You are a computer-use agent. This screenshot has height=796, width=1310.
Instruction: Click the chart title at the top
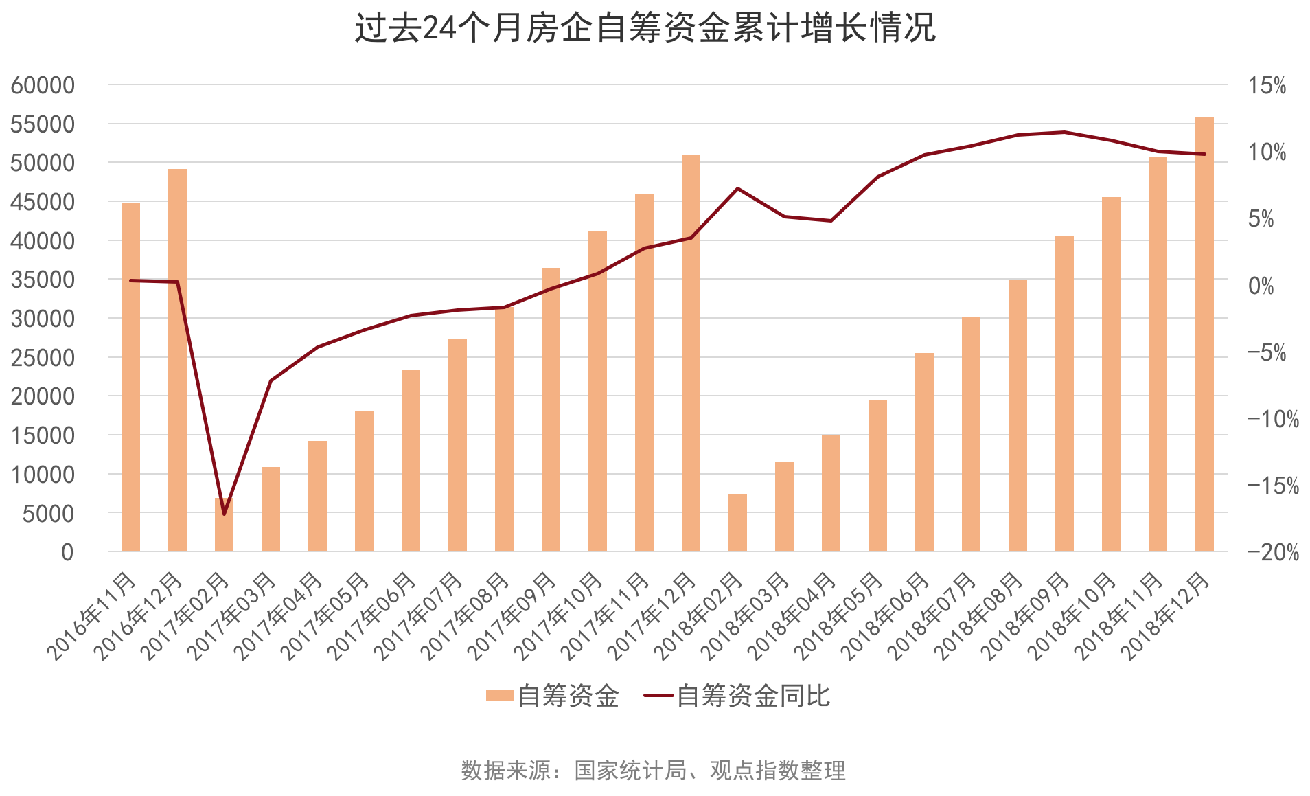(645, 29)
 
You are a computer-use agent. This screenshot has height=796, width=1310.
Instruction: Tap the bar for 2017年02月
(224, 525)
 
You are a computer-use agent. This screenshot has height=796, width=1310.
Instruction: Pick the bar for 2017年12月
(691, 353)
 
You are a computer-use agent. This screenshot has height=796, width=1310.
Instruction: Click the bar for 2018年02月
(737, 523)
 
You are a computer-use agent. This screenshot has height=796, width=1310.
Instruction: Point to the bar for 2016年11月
(130, 377)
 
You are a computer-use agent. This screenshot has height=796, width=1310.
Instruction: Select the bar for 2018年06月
(924, 452)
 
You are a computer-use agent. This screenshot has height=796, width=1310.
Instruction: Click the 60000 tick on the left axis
(43, 85)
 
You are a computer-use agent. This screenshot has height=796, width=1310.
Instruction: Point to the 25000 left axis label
(43, 358)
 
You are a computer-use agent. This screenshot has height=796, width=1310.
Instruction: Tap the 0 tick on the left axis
(67, 552)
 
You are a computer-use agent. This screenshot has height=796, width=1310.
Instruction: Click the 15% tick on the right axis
(1267, 86)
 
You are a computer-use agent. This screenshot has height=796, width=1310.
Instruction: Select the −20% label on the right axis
(1273, 552)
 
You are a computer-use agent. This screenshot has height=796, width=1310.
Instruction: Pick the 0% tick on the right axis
(1261, 286)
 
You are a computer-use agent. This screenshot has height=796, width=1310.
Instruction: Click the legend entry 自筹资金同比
(752, 696)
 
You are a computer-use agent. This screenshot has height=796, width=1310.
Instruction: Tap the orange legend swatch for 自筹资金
(499, 696)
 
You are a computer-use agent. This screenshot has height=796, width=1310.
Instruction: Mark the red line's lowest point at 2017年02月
(224, 514)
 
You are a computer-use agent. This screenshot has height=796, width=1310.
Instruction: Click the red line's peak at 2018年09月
(1064, 132)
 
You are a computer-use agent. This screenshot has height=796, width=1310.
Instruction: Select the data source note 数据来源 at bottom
(653, 771)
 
